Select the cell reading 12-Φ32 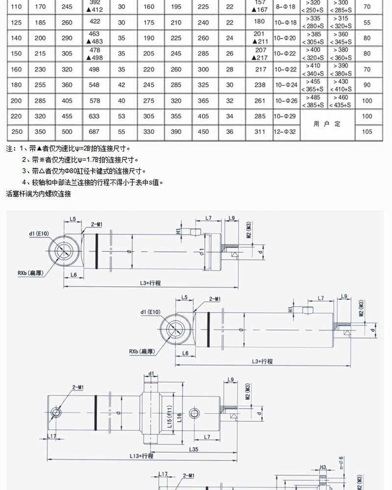click(286, 132)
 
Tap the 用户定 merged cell click(327, 124)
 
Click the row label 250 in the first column click(16, 132)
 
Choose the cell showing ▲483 click(95, 42)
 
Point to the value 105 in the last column click(367, 132)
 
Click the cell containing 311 click(260, 132)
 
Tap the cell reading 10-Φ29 click(286, 117)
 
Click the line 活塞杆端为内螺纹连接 click(39, 194)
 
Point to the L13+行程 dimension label click(142, 456)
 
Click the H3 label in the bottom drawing click(323, 467)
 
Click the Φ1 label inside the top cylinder click(201, 252)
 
